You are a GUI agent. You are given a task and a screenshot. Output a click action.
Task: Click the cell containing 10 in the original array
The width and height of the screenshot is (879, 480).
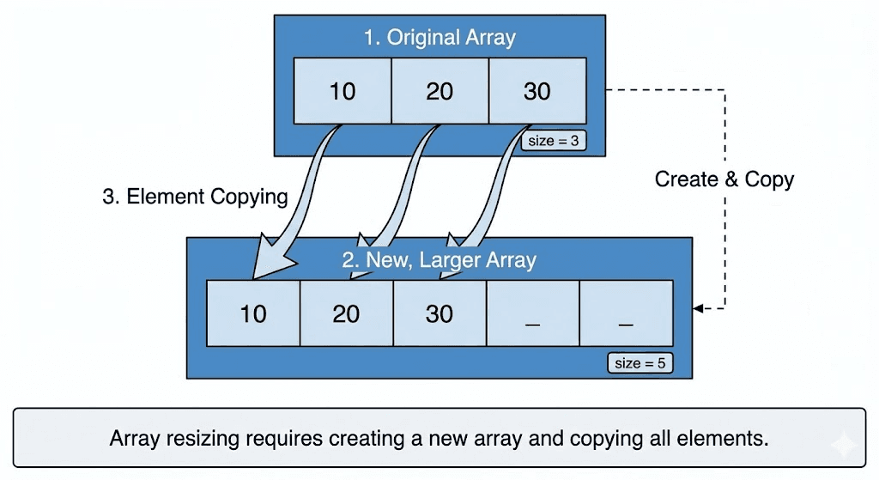tap(343, 91)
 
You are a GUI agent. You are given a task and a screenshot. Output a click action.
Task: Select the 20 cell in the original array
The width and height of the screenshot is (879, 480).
tap(439, 91)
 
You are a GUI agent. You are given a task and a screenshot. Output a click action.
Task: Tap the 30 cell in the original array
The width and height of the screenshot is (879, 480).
tap(537, 91)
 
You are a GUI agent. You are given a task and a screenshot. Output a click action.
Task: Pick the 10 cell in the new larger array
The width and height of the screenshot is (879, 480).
tap(253, 313)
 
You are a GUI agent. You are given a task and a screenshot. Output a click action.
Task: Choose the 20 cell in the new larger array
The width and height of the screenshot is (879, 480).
tap(346, 313)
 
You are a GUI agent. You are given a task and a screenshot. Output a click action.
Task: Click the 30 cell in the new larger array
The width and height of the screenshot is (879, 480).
tap(439, 313)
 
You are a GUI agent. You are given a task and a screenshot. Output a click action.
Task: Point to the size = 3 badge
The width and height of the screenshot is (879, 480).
tap(554, 141)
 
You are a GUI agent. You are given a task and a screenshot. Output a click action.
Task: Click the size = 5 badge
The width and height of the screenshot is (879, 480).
tap(640, 363)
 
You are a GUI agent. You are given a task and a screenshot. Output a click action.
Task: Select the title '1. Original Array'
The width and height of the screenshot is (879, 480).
tap(439, 38)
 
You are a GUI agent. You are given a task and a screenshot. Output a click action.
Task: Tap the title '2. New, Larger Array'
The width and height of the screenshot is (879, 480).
tap(439, 259)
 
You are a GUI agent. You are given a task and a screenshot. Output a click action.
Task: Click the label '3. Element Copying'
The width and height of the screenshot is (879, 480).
tap(195, 197)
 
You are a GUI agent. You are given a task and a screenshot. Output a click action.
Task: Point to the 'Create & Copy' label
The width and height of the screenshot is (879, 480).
tap(724, 179)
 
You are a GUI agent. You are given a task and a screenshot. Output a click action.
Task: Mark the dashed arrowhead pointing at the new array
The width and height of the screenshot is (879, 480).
tap(698, 308)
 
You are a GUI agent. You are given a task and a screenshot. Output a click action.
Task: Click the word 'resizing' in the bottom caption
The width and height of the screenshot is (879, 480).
tap(203, 438)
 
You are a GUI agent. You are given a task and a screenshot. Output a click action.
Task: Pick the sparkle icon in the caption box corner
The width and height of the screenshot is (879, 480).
tap(844, 444)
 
